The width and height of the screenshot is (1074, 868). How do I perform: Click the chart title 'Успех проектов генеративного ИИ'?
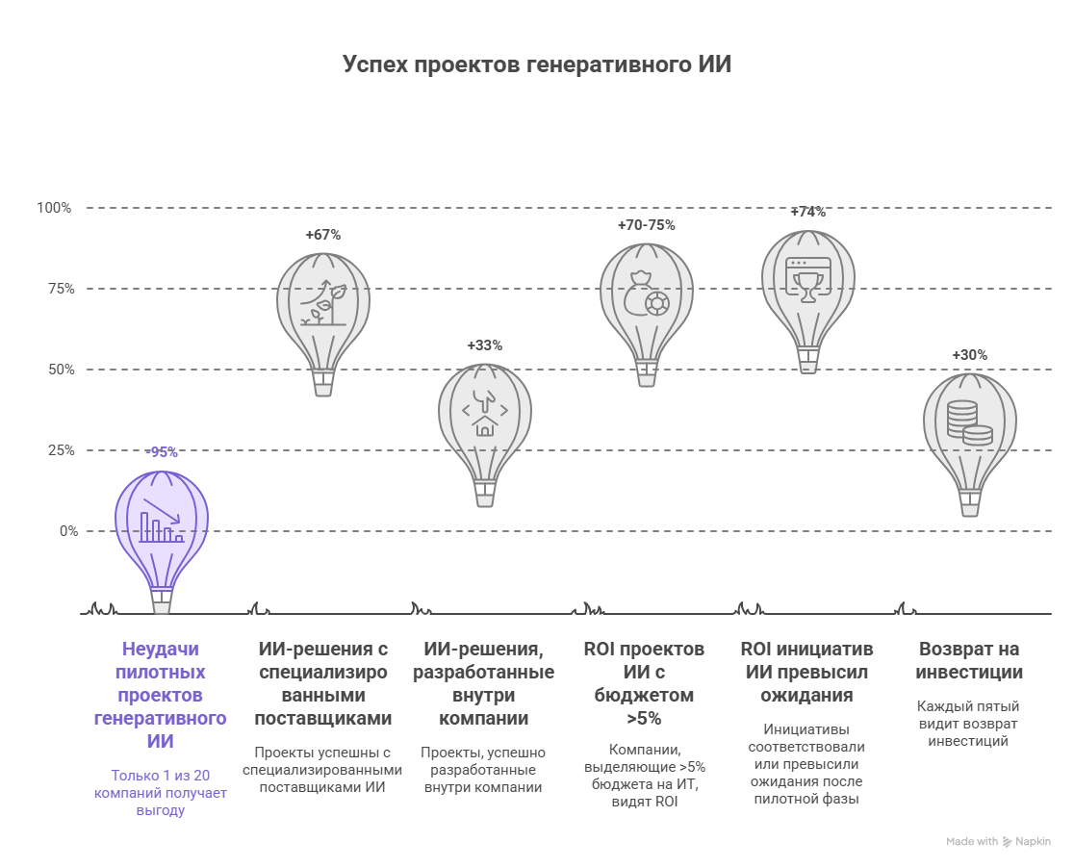(x=537, y=64)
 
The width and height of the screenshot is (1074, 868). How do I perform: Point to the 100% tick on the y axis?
(x=54, y=208)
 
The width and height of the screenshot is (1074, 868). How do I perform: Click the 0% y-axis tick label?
(x=67, y=531)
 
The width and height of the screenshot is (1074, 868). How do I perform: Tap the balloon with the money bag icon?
(x=646, y=298)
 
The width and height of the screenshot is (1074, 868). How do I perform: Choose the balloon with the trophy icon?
(x=807, y=285)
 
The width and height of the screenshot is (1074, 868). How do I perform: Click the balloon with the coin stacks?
(x=969, y=428)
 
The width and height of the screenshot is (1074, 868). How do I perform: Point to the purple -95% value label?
(x=161, y=452)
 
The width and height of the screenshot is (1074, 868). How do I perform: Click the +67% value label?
(x=322, y=235)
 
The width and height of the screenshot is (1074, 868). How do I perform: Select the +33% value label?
(x=484, y=345)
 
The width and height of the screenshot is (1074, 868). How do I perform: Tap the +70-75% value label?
(x=646, y=225)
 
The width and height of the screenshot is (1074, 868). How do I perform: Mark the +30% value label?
(x=969, y=355)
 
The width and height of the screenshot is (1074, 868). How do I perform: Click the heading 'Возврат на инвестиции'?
(x=969, y=660)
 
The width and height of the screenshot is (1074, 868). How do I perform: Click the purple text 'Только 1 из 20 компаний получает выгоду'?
(x=161, y=792)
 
